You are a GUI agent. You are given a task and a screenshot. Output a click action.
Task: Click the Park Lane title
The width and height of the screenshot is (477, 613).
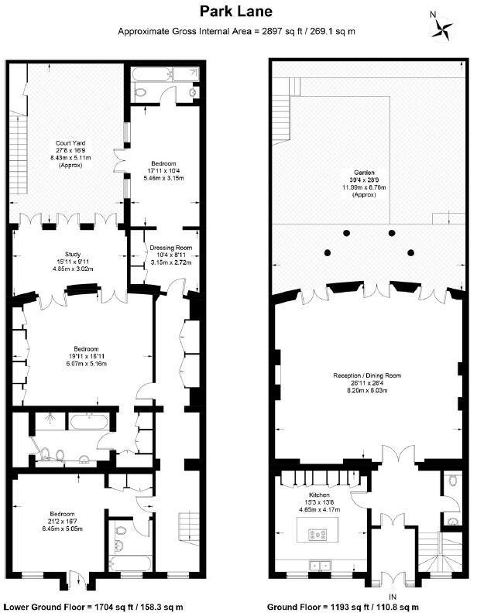click(235, 11)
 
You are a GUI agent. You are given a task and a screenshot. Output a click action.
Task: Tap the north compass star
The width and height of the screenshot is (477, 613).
click(442, 28)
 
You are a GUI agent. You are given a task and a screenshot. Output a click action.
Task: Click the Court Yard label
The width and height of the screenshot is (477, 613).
click(70, 142)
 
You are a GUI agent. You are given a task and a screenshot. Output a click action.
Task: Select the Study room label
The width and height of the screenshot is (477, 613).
click(73, 255)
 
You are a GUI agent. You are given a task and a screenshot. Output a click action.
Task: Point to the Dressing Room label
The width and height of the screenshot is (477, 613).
click(171, 248)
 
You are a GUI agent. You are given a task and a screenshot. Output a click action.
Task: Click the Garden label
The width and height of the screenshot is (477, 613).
click(365, 173)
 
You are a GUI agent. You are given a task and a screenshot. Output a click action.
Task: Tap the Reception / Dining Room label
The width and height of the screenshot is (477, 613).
click(367, 375)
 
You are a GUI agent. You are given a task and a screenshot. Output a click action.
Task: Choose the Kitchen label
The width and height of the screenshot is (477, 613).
click(320, 495)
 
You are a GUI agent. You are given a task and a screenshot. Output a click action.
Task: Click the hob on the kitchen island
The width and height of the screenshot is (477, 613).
click(317, 534)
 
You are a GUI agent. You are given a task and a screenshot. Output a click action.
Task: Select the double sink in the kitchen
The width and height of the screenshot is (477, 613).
click(321, 565)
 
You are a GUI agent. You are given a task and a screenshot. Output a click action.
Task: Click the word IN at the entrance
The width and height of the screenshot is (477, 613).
click(393, 597)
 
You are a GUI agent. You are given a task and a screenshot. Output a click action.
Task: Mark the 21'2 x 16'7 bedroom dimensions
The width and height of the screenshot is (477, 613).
click(62, 521)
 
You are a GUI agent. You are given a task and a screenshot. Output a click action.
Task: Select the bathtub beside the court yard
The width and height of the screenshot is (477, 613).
click(152, 74)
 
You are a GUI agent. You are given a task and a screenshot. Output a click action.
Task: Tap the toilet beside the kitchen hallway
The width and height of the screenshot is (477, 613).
click(452, 480)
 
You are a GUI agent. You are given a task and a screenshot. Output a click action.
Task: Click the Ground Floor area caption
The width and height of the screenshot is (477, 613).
click(343, 607)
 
